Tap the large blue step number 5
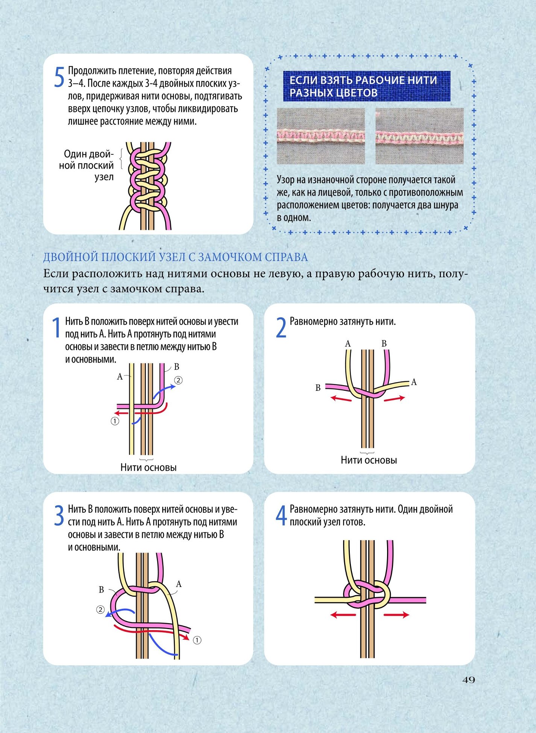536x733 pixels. (x=59, y=78)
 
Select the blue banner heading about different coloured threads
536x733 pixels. (x=367, y=86)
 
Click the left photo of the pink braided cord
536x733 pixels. (x=321, y=136)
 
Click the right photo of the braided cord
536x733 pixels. (x=419, y=136)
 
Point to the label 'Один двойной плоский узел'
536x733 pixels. (x=87, y=165)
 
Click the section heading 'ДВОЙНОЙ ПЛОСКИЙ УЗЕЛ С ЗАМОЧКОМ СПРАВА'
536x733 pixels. (x=176, y=257)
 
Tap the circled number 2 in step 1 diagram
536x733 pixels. (x=178, y=380)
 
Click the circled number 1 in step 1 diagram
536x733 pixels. (x=115, y=421)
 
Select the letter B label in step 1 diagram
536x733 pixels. (x=176, y=366)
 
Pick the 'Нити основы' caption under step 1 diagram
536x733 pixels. (x=148, y=467)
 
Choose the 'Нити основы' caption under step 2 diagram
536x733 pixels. (x=369, y=460)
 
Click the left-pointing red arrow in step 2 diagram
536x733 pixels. (x=341, y=398)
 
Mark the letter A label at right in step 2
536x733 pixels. (x=414, y=382)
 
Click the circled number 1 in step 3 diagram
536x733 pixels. (x=197, y=640)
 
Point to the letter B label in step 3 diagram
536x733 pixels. (x=101, y=590)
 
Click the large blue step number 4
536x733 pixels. (x=282, y=516)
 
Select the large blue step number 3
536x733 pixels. (x=59, y=516)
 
